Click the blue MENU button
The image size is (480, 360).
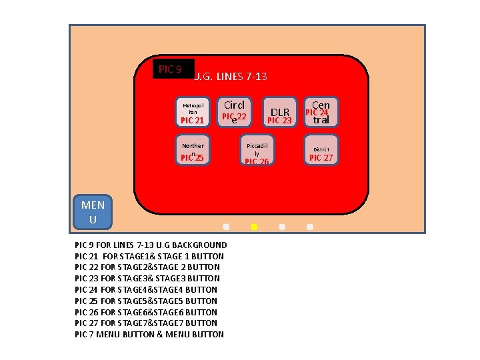pyautogui.click(x=93, y=212)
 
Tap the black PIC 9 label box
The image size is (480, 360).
pyautogui.click(x=173, y=69)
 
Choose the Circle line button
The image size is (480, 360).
pyautogui.click(x=234, y=111)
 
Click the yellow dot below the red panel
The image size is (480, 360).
pyautogui.click(x=254, y=227)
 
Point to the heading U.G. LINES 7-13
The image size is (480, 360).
pyautogui.click(x=231, y=77)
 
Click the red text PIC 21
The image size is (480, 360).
pyautogui.click(x=192, y=121)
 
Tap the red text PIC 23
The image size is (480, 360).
pyautogui.click(x=279, y=121)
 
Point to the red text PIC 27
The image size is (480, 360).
pyautogui.click(x=321, y=158)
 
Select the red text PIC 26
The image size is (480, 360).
pyautogui.click(x=257, y=161)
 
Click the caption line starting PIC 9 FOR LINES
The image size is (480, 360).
pyautogui.click(x=151, y=245)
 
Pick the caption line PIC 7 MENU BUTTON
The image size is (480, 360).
pyautogui.click(x=149, y=334)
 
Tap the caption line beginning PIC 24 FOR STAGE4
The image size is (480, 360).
pyautogui.click(x=146, y=289)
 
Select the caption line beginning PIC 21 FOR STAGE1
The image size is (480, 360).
pyautogui.click(x=149, y=256)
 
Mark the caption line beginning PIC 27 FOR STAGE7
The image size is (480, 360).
pyautogui.click(x=146, y=323)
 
